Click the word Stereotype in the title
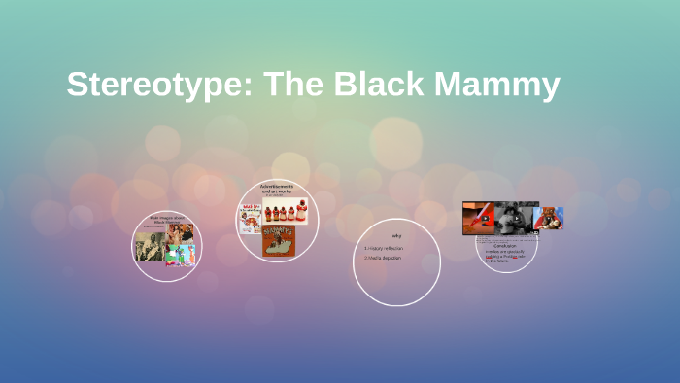(x=155, y=85)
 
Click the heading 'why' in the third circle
(x=396, y=236)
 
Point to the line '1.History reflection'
(x=384, y=248)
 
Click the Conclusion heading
(x=504, y=246)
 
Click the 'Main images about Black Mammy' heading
(x=166, y=221)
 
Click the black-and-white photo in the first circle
(x=149, y=247)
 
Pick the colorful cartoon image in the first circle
(x=180, y=255)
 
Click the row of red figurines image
(x=285, y=213)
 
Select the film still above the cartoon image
(x=181, y=232)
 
